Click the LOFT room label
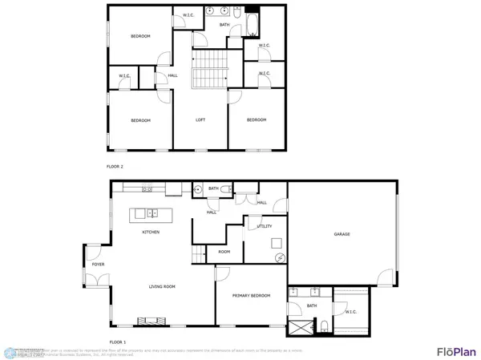pyautogui.click(x=202, y=120)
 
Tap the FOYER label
pyautogui.click(x=98, y=264)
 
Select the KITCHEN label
pyautogui.click(x=151, y=232)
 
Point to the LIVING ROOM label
pyautogui.click(x=162, y=286)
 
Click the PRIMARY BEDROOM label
pyautogui.click(x=252, y=296)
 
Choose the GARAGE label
pyautogui.click(x=342, y=234)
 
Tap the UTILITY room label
pyautogui.click(x=265, y=227)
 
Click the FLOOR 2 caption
pyautogui.click(x=115, y=166)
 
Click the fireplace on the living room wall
pyautogui.click(x=152, y=321)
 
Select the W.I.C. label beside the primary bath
pyautogui.click(x=350, y=311)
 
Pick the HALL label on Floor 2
pyautogui.click(x=173, y=76)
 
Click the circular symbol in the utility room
pyautogui.click(x=280, y=258)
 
